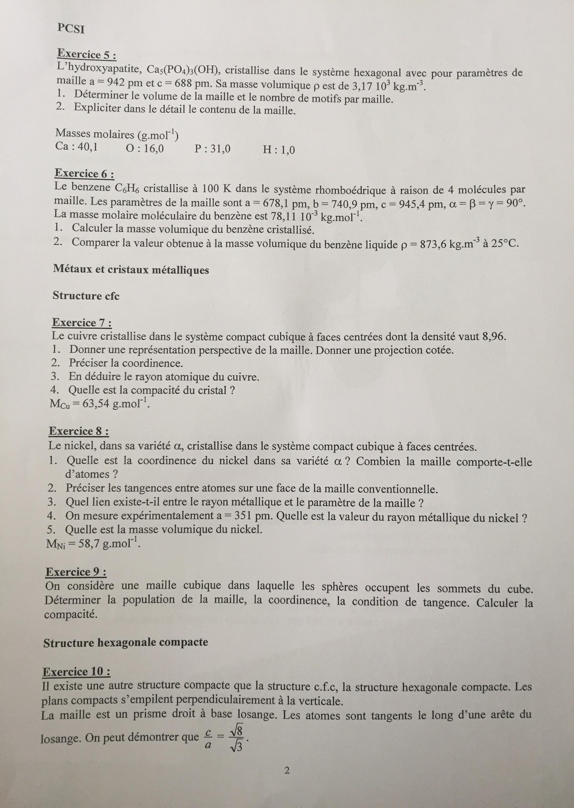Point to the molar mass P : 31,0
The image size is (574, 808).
212,149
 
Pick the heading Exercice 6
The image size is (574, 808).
84,173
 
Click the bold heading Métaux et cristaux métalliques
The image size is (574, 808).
131,270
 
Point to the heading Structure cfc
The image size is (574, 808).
86,296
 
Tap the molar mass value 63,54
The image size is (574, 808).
97,404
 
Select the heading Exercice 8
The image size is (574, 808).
78,431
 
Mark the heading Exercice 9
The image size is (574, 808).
76,572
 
